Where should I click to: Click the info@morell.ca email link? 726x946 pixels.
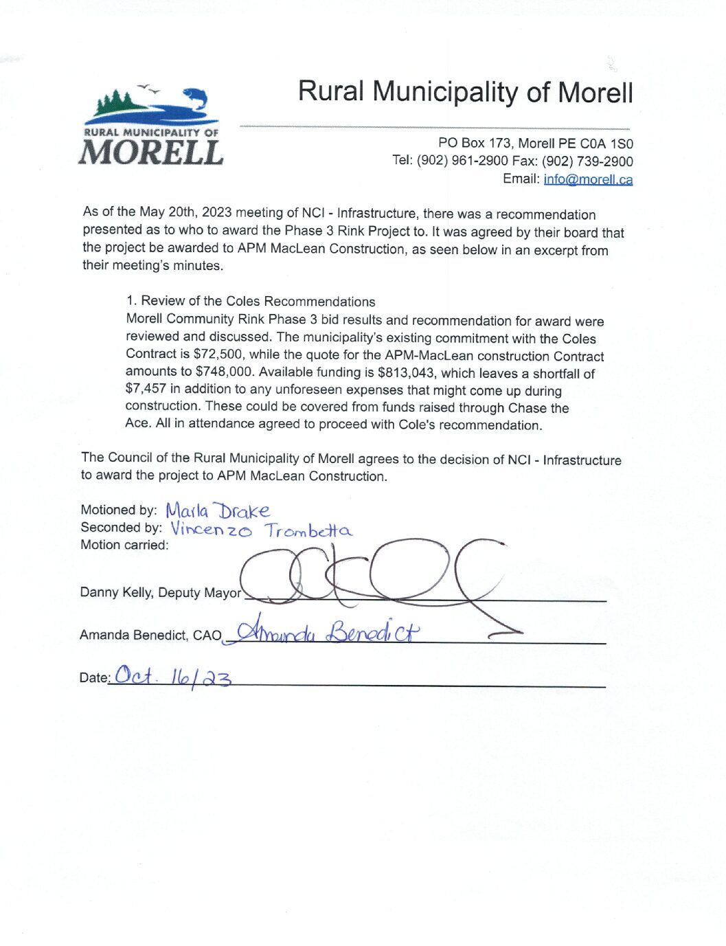(x=588, y=179)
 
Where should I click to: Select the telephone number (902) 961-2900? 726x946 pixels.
(x=462, y=161)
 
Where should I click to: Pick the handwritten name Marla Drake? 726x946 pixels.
(x=217, y=511)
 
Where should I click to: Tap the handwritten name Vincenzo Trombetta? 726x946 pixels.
(x=261, y=530)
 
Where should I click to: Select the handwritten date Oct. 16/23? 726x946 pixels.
(x=173, y=677)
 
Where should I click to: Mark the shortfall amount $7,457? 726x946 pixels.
(x=146, y=389)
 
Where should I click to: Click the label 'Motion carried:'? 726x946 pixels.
(x=124, y=545)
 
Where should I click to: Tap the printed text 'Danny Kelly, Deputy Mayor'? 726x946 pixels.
(x=160, y=592)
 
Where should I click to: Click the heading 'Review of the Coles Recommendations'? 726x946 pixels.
(x=258, y=302)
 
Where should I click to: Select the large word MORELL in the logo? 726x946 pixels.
(x=151, y=153)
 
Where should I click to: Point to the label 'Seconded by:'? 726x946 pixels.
(x=121, y=528)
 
